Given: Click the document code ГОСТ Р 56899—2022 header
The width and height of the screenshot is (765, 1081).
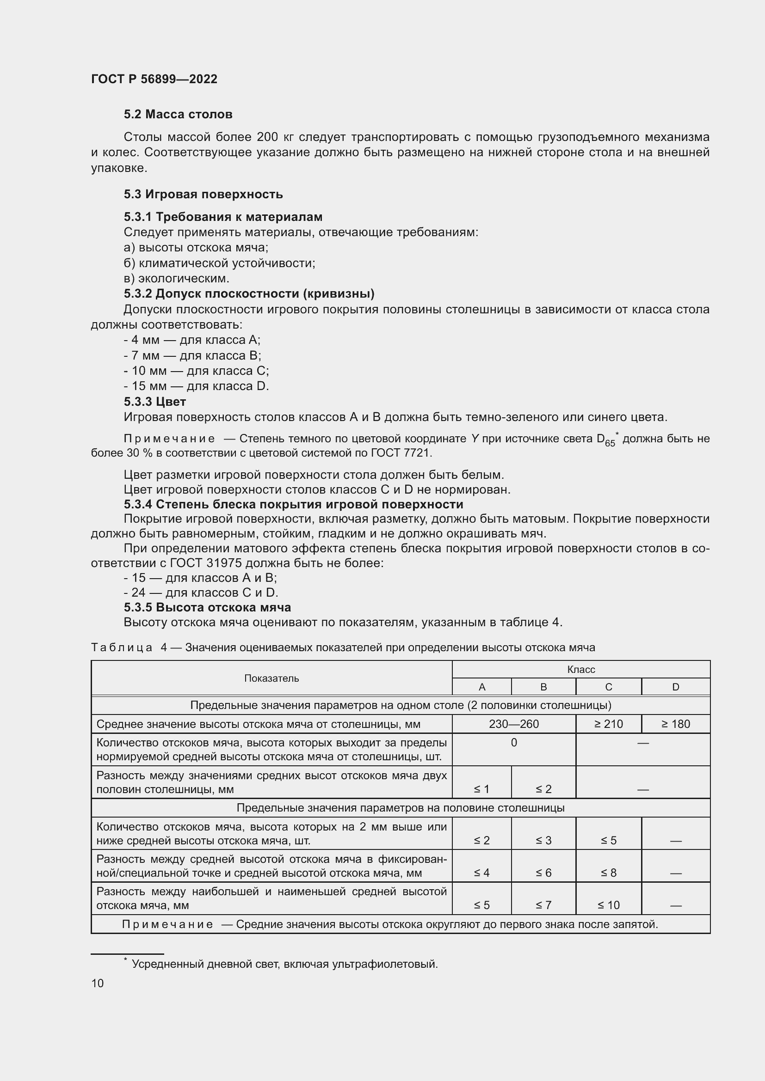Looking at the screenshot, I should tap(154, 79).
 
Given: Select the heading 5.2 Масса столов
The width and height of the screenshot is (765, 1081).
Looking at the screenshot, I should tap(178, 115).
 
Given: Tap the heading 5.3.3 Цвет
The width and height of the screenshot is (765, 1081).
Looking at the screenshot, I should tap(155, 402).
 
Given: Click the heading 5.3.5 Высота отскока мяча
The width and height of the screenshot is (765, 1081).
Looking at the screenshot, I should tap(207, 607).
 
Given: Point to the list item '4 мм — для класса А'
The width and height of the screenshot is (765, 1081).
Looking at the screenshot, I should tap(192, 340).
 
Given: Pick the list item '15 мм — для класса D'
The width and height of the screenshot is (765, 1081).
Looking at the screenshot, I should tap(197, 386).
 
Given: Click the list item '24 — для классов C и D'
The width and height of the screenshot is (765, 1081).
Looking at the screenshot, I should tap(201, 592).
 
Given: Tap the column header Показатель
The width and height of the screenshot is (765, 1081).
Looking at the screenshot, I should tap(271, 678).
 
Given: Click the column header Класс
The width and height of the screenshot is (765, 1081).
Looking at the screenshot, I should tap(581, 670).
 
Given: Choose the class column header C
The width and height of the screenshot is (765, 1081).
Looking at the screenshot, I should tap(608, 687).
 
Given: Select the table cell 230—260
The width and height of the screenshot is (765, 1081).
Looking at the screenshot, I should tap(513, 724).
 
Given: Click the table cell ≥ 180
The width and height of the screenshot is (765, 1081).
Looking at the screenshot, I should tap(675, 724).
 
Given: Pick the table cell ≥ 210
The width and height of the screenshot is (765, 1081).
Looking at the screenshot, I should tap(608, 724).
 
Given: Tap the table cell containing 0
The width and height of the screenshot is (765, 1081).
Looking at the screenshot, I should tap(513, 743).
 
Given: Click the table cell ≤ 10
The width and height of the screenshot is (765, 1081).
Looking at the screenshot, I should tap(608, 905).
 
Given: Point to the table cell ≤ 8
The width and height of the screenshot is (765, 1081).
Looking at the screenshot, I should tap(608, 873).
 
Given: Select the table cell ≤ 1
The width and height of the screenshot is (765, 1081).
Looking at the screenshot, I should tap(481, 789).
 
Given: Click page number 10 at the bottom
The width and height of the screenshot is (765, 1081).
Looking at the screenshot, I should tap(98, 983).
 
